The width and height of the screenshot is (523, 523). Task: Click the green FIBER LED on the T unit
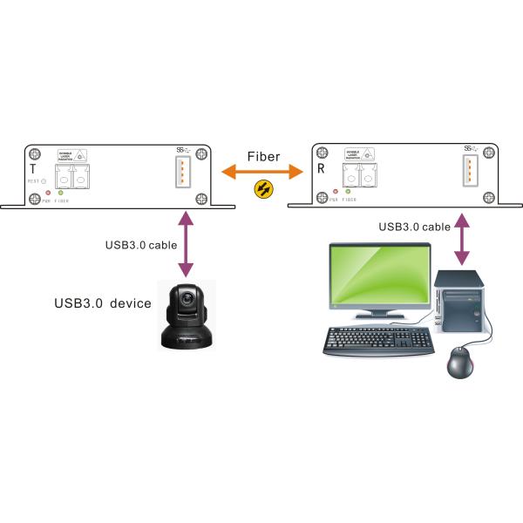click(x=60, y=192)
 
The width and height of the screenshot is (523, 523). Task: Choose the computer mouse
click(x=460, y=362)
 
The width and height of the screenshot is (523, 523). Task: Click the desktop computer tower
click(x=458, y=305)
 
